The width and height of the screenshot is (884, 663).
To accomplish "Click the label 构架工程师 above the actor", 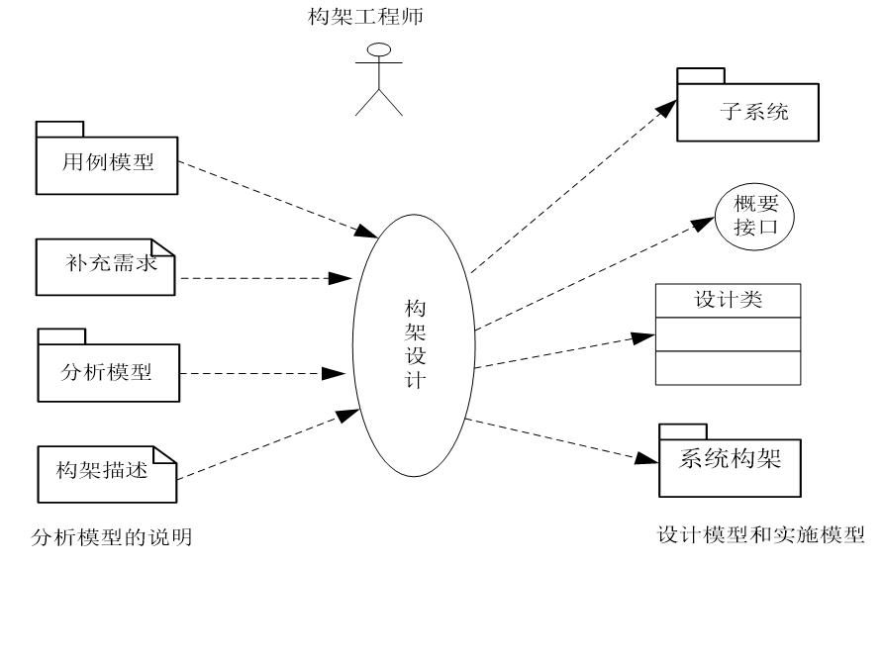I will click(365, 17).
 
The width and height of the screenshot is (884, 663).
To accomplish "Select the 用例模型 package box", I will click(107, 165).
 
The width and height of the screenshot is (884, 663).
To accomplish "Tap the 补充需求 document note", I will click(106, 266).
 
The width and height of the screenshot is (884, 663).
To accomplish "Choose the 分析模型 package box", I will click(108, 372).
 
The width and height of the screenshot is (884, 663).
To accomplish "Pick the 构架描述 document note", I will click(106, 471).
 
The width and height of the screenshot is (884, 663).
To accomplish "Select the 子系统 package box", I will click(748, 112).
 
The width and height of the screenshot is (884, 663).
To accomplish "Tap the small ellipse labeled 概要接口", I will click(755, 216).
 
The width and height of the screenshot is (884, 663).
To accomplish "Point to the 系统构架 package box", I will click(730, 461).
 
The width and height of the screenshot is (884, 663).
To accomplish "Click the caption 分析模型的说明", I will click(112, 537).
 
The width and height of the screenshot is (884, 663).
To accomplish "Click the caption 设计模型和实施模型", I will click(760, 534).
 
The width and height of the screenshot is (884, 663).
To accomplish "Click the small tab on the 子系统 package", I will click(701, 75).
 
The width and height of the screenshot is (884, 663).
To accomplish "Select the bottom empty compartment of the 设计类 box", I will click(728, 368).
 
